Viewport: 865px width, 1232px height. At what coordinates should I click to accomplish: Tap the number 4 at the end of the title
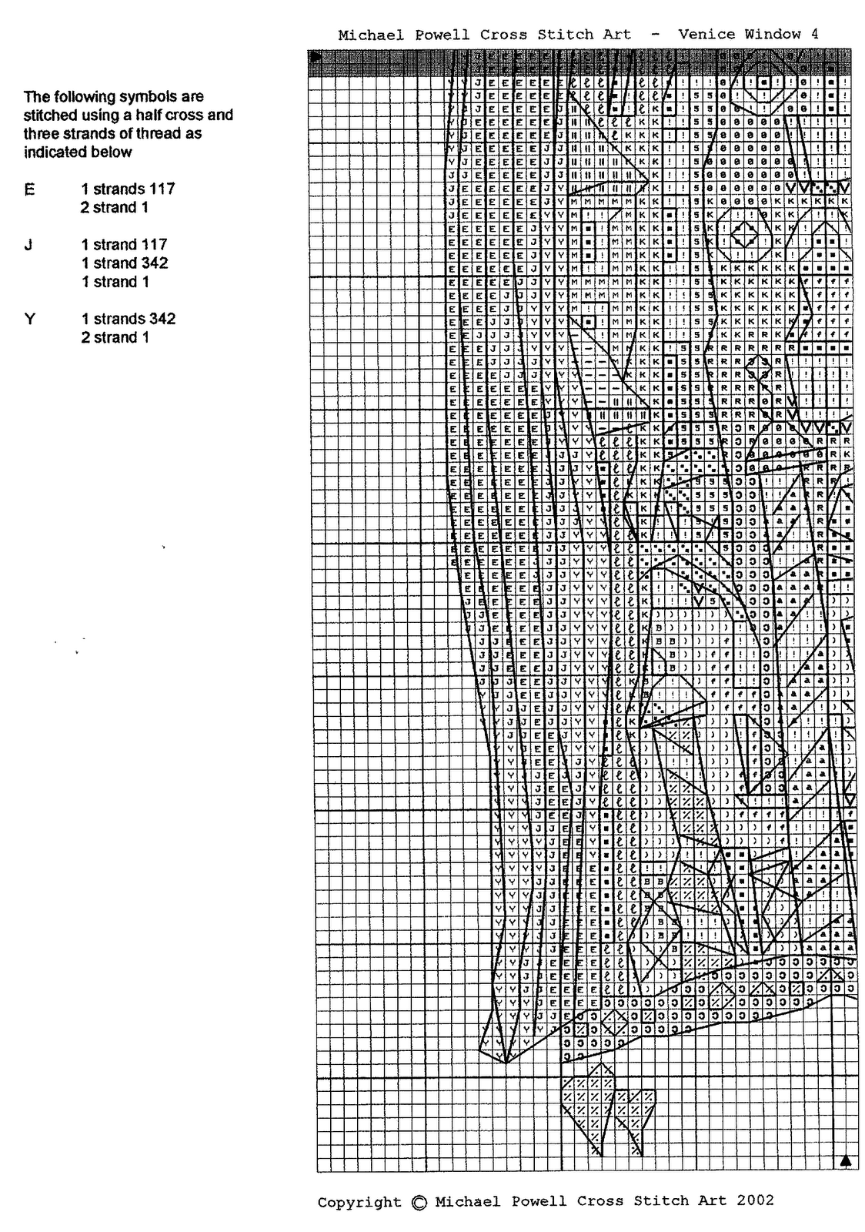[x=814, y=34]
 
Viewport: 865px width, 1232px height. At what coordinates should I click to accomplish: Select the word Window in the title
[x=772, y=34]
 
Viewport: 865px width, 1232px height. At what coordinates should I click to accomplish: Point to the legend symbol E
[x=29, y=189]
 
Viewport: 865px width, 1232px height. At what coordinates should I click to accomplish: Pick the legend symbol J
[x=28, y=245]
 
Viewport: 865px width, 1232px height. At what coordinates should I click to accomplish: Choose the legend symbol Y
[x=29, y=319]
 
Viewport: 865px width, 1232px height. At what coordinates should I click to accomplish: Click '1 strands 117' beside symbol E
[x=128, y=189]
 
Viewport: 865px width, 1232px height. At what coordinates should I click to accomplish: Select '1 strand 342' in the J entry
[x=125, y=263]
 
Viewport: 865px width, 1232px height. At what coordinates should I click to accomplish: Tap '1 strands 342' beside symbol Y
[x=128, y=319]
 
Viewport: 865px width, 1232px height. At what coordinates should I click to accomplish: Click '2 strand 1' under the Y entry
[x=115, y=337]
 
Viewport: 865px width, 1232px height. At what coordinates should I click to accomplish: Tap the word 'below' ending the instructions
[x=115, y=152]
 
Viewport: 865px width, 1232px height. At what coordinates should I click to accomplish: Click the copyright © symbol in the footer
[x=419, y=1203]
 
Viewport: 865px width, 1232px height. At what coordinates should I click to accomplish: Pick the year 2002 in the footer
[x=755, y=1200]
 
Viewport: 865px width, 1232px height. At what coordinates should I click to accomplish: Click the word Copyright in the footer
[x=359, y=1203]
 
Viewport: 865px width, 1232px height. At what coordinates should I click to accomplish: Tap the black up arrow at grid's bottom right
[x=846, y=1160]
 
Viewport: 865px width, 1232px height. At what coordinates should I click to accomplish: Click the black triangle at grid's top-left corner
[x=314, y=56]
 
